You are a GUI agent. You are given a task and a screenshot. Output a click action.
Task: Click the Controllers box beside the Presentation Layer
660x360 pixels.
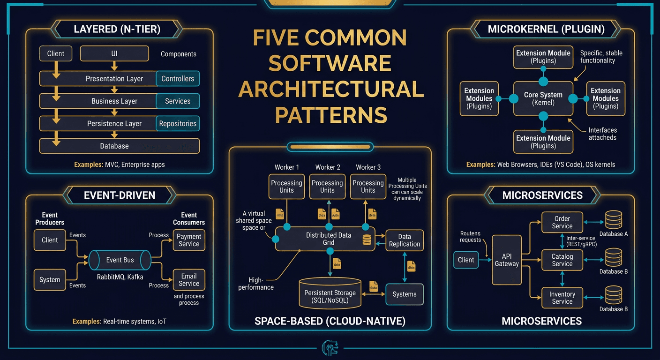178,79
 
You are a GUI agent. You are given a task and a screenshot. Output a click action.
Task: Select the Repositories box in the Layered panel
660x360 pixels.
178,124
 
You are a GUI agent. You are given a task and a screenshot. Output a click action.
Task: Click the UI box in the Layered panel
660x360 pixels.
114,53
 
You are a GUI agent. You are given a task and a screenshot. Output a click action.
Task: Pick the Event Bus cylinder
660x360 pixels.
120,260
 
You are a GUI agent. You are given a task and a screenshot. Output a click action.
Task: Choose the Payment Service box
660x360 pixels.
189,240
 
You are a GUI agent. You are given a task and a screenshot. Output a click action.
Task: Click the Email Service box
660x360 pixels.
189,280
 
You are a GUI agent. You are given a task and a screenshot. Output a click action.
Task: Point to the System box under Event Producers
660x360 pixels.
50,280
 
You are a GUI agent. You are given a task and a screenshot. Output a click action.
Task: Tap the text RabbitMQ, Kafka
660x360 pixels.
120,277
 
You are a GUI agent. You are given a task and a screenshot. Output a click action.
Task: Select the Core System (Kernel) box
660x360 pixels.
543,98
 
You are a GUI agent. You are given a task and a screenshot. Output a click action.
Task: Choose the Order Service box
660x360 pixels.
562,222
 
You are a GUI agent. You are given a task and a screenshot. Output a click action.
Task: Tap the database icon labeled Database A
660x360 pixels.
613,219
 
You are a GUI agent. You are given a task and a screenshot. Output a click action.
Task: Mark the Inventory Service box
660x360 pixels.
562,298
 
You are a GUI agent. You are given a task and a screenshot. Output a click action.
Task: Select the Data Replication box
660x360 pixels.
404,240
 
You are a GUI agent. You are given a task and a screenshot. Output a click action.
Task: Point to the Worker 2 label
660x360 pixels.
328,167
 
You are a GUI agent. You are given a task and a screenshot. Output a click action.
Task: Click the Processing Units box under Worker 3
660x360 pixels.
368,187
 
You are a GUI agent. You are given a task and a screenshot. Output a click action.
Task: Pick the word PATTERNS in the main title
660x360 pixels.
331,114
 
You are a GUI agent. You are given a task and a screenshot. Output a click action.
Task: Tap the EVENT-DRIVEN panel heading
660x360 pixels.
120,195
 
